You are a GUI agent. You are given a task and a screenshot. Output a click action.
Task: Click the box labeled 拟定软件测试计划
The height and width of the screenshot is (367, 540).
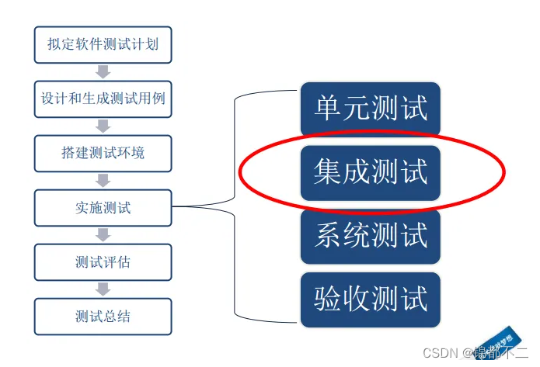click(103, 44)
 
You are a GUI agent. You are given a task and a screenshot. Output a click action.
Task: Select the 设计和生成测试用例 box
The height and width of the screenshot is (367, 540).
click(103, 99)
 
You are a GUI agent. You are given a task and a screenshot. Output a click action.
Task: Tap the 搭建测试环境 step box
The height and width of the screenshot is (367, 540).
click(103, 153)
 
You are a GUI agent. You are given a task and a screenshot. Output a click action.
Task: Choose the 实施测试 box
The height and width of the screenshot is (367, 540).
click(103, 207)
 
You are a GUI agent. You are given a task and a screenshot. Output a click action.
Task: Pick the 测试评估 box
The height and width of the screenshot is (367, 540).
click(103, 262)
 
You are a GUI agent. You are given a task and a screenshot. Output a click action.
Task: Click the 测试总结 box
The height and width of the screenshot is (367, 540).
click(103, 317)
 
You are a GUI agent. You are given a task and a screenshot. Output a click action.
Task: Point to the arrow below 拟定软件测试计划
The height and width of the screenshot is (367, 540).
click(103, 71)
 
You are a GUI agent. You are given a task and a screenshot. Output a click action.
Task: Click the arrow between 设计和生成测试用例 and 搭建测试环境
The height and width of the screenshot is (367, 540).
click(103, 126)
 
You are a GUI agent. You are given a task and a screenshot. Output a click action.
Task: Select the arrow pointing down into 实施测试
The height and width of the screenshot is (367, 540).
click(103, 180)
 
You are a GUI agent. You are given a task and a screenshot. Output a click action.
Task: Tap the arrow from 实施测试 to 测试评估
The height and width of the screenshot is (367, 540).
click(103, 235)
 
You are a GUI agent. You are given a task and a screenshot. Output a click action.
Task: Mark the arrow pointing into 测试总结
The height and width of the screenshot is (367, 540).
click(103, 289)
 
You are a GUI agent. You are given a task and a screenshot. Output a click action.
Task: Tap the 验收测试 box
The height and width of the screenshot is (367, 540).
click(371, 298)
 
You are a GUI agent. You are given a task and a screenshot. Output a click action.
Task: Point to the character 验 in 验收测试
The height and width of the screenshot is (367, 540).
click(328, 298)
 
